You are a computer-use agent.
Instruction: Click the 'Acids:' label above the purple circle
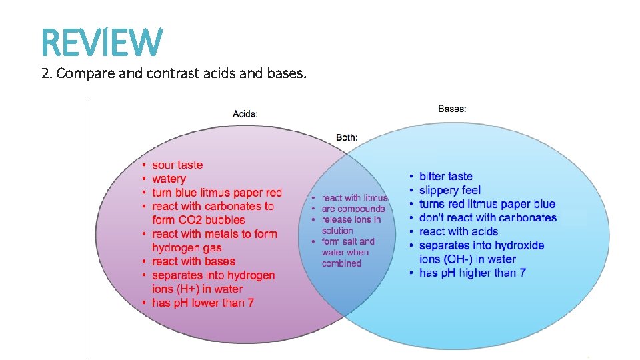(245, 114)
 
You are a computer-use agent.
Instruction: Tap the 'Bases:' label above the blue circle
(452, 109)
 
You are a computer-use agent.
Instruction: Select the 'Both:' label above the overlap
(347, 137)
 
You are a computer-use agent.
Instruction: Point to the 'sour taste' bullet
(177, 165)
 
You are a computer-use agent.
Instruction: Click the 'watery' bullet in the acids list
(169, 179)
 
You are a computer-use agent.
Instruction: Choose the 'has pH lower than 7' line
(203, 303)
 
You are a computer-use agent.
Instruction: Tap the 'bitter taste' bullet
(445, 176)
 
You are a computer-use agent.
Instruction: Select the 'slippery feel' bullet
(449, 190)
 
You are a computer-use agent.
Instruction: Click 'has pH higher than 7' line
(472, 273)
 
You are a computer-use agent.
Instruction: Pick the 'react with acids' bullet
(458, 231)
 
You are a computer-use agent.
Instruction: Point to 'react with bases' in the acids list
(193, 261)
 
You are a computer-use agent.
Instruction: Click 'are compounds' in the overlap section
(353, 209)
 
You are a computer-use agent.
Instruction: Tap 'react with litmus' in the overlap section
(354, 197)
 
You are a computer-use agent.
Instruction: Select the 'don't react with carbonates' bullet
(487, 217)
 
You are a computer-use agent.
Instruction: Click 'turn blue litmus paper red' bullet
(217, 193)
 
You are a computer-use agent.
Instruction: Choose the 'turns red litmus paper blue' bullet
(487, 204)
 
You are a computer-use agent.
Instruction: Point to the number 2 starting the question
(45, 73)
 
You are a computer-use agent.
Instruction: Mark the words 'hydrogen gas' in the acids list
(187, 248)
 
